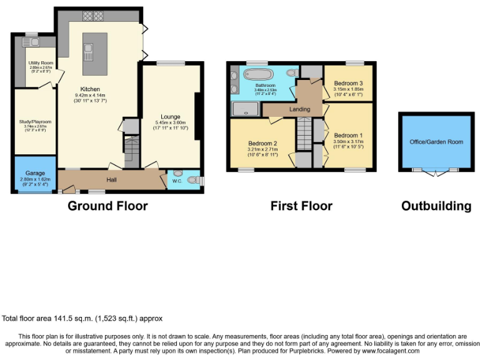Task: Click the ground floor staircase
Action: (x=132, y=151)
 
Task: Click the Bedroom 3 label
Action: (x=348, y=83)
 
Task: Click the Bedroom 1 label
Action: (x=348, y=136)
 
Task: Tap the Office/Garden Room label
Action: (x=436, y=142)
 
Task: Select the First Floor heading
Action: (x=301, y=206)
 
